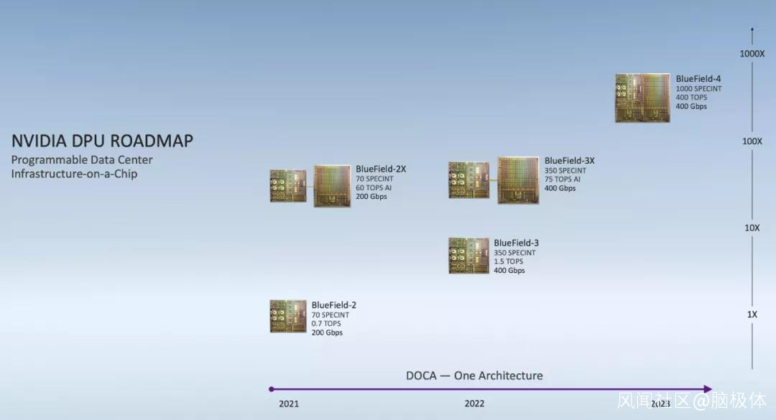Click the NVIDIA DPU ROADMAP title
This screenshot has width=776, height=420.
(103, 141)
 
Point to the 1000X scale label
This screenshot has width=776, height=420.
(752, 54)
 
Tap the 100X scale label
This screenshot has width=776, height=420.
(752, 141)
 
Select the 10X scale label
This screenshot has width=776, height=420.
(752, 228)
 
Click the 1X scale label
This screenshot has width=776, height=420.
(752, 314)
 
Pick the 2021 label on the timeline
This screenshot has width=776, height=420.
(289, 404)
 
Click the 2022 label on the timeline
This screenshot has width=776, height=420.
(474, 403)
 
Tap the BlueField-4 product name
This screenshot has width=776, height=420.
(698, 79)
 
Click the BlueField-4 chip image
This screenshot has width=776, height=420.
(642, 98)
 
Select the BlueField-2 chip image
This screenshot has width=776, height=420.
(288, 316)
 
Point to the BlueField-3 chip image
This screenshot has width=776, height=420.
(468, 256)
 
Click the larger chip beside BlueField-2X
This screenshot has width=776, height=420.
(332, 186)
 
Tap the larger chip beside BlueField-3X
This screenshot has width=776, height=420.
(518, 180)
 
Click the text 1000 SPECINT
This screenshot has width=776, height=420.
(699, 88)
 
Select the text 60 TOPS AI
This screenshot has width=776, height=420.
(374, 187)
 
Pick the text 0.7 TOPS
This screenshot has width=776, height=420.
(326, 324)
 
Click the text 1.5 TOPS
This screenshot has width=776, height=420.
(508, 261)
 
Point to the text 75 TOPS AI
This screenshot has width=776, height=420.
(562, 179)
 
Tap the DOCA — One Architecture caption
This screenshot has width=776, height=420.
(474, 376)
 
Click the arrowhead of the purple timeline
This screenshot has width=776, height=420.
(708, 389)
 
